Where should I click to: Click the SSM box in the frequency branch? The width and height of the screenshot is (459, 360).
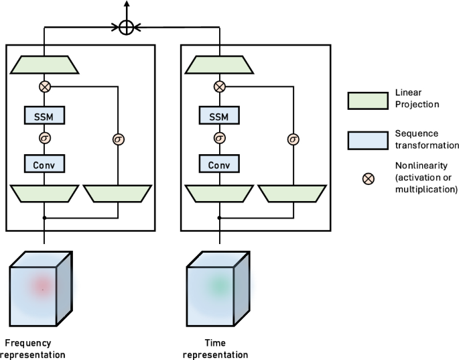point(44,115)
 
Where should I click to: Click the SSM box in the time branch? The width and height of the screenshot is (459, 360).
point(218,115)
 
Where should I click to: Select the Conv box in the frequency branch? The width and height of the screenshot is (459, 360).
point(44,164)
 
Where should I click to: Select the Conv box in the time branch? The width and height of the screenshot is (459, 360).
point(218,164)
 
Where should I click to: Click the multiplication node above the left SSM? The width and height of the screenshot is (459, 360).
point(44,86)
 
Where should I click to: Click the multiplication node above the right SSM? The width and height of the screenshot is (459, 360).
point(218,86)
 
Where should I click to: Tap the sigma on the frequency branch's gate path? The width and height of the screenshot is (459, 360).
point(118,139)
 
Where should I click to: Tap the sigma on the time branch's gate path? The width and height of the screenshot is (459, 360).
point(293,139)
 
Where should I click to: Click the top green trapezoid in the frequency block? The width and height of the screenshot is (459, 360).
point(44,65)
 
